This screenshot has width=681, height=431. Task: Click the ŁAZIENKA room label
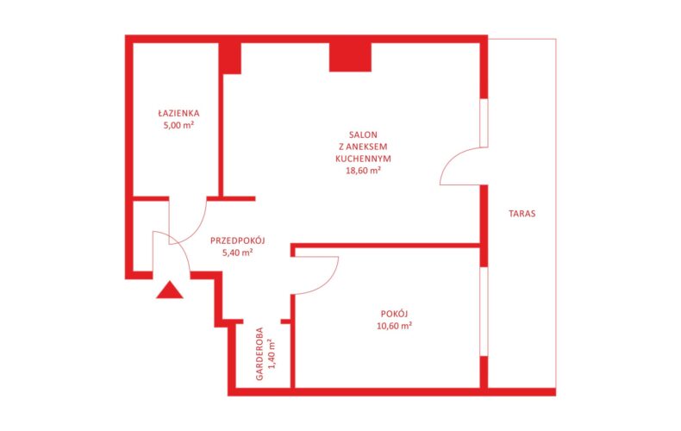[178, 114]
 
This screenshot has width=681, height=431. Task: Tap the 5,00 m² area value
[178, 126]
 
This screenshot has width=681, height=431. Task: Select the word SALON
[363, 135]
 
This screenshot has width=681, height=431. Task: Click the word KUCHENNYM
[363, 159]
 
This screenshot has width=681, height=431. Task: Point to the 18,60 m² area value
[363, 171]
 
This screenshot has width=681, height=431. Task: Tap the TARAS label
[522, 214]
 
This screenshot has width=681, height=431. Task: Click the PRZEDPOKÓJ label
[238, 240]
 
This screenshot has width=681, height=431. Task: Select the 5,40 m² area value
[238, 253]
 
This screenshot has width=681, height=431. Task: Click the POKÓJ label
[394, 314]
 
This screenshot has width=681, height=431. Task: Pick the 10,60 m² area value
[394, 326]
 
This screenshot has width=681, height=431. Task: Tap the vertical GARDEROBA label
[259, 353]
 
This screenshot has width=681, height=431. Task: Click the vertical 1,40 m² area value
[272, 353]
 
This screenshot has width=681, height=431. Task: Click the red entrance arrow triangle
[170, 290]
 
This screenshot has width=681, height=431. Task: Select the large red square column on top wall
[350, 57]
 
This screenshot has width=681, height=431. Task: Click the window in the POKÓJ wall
[484, 311]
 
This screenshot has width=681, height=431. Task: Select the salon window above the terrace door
[484, 123]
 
